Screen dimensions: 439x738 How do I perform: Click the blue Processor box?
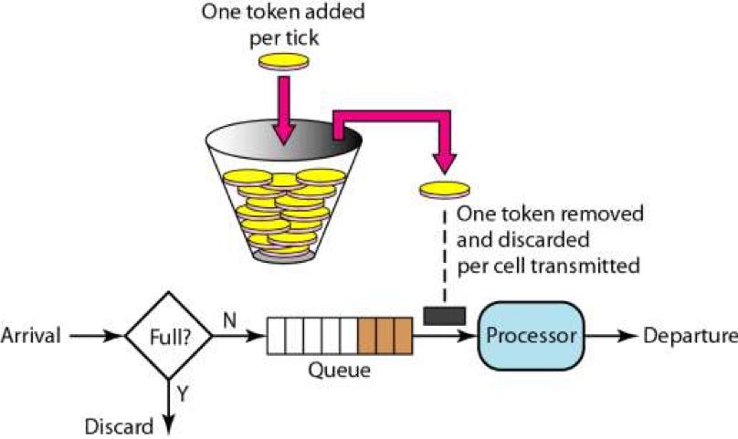[x=532, y=335]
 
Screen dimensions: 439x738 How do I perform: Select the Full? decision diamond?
[x=167, y=335]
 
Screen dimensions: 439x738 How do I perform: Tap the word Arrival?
[x=31, y=335]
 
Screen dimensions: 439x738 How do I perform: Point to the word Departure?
[x=691, y=335]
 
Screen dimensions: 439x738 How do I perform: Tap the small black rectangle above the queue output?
[x=446, y=315]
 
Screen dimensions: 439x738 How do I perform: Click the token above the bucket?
[x=285, y=61]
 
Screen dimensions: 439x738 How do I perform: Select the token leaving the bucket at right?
[x=444, y=189]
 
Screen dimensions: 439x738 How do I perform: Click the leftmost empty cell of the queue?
[x=277, y=335]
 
